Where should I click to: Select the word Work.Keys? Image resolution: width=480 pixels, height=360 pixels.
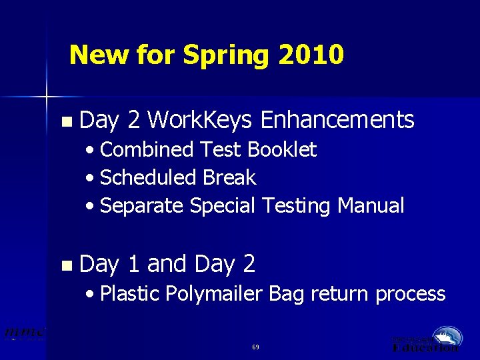tap(199, 120)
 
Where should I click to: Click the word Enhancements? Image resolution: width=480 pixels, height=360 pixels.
tap(337, 120)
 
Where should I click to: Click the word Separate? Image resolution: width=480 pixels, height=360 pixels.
tap(141, 206)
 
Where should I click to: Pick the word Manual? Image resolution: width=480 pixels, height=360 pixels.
tap(371, 206)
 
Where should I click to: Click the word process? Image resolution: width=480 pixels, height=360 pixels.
tap(410, 294)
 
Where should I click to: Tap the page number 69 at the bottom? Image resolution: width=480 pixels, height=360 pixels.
tap(256, 347)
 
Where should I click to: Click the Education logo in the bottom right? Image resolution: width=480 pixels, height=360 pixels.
tap(427, 339)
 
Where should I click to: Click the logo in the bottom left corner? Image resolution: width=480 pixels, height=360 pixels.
tap(25, 333)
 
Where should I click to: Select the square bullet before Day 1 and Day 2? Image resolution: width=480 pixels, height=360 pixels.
tap(65, 265)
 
